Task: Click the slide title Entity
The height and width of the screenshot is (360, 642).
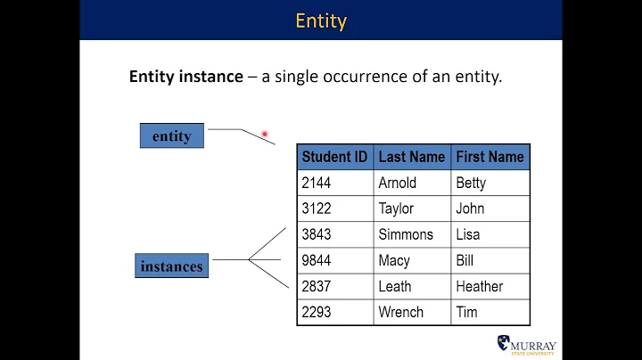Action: point(320,20)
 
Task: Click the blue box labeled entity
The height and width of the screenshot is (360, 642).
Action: point(172,135)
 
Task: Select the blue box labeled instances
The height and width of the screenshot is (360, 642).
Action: point(171,266)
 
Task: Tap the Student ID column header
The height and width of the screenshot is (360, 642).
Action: point(334,157)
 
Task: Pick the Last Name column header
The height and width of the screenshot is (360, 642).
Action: point(411,157)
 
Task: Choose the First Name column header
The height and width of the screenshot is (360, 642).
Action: point(490,157)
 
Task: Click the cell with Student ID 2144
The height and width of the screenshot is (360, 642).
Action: point(317,183)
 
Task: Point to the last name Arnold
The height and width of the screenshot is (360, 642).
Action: point(397,183)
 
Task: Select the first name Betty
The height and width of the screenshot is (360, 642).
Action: point(471,183)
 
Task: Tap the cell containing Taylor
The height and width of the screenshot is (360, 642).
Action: point(396,209)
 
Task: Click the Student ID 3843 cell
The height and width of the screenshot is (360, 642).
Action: point(317,234)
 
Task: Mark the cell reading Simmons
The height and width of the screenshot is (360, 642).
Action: point(406,234)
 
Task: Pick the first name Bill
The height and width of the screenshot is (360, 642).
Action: point(465,260)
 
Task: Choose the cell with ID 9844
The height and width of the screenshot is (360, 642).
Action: point(317,260)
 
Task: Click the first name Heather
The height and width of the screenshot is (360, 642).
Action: point(479,286)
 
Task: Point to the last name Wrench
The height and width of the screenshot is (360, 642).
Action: point(401,312)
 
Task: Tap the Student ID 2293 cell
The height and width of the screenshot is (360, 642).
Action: point(317,312)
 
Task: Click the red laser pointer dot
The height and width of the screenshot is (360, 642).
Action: point(265,135)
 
